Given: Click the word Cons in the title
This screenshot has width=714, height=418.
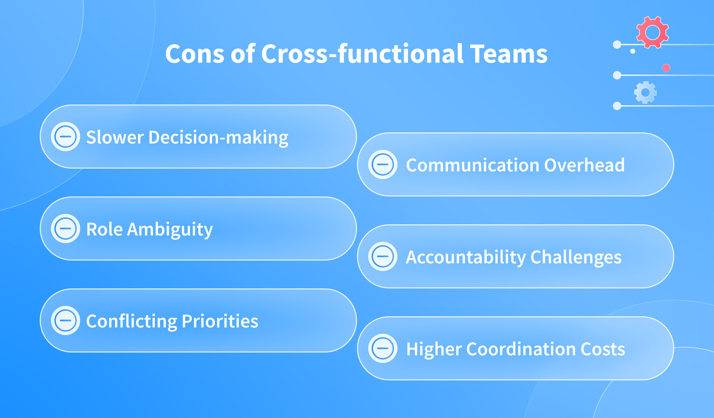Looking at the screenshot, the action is [195, 54].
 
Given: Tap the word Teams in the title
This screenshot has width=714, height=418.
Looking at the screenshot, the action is [509, 54].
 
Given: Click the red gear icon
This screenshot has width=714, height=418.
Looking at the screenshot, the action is [652, 32].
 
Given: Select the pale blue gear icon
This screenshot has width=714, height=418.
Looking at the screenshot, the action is [645, 92].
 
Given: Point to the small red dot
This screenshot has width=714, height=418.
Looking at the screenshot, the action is [666, 68].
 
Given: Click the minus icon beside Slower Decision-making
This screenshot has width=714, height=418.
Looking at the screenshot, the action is [66, 137].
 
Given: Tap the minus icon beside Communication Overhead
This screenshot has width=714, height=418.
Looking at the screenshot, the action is [383, 164].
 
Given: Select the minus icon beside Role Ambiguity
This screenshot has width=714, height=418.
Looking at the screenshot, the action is [66, 229].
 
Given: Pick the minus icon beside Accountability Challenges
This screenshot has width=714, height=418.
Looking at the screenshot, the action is [383, 256].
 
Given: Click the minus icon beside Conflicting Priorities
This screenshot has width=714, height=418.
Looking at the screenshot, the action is [66, 320].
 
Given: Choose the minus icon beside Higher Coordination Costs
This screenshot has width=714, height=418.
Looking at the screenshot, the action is [383, 348].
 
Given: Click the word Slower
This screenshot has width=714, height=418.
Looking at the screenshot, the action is [115, 137].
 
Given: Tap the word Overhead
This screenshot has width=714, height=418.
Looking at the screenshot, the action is [584, 165].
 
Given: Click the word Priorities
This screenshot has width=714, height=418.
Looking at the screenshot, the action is [220, 321].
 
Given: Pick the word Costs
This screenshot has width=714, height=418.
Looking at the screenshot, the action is [603, 349].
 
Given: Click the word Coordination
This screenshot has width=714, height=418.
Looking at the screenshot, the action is [521, 349].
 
